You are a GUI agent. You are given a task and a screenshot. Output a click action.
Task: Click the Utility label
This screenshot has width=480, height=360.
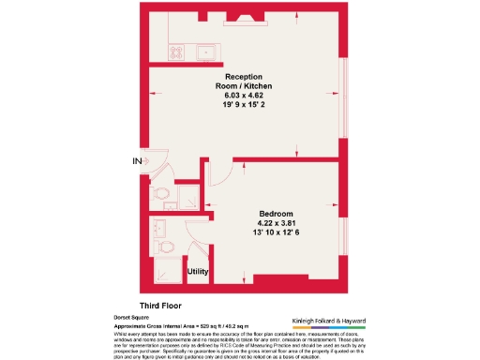198,271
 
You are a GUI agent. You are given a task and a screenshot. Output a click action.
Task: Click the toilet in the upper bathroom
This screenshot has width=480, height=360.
163,193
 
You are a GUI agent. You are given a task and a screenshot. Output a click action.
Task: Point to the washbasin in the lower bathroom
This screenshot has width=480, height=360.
159,227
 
